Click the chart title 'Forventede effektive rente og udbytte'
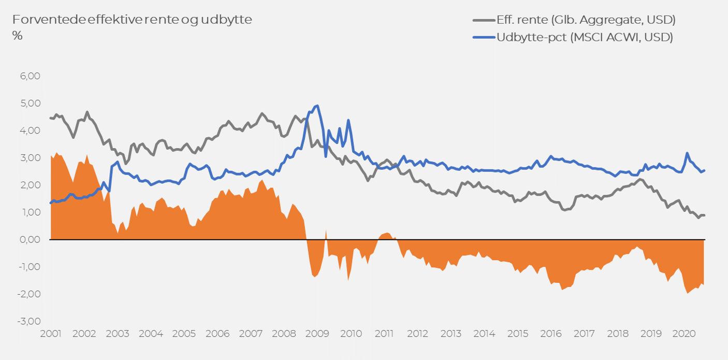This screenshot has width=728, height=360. (x=132, y=20)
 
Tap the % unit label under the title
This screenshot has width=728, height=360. (x=18, y=36)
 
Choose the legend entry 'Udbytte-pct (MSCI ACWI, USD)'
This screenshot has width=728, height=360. (x=585, y=37)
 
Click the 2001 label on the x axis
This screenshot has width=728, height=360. (x=51, y=334)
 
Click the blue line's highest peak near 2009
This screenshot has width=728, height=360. (x=317, y=106)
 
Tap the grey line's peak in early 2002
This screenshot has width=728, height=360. (x=87, y=112)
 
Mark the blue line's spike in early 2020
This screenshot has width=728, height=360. (x=687, y=153)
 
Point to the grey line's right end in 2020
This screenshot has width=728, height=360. (x=704, y=215)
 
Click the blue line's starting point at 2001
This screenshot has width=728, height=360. (x=51, y=203)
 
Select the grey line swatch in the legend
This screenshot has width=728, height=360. (x=484, y=20)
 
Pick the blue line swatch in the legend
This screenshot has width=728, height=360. (x=484, y=37)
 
